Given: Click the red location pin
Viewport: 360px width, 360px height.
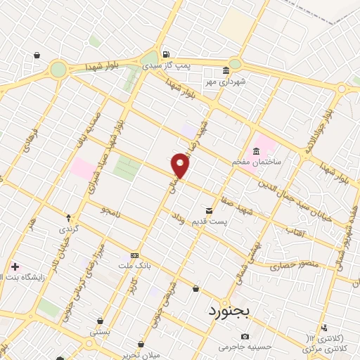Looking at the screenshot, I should click(x=181, y=165).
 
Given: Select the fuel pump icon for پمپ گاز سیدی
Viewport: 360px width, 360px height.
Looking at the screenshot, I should click(x=165, y=54).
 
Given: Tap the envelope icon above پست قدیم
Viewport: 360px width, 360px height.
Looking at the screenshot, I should click(x=208, y=211).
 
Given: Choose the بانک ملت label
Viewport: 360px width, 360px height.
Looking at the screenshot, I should click(x=135, y=265).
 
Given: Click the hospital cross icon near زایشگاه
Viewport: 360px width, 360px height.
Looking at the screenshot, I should click(x=15, y=266).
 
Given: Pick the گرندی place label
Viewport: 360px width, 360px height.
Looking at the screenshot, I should click(x=69, y=229).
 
